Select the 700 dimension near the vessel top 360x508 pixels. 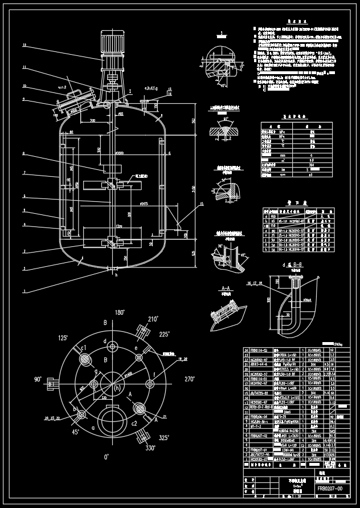[92, 121]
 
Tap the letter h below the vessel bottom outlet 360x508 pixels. [115, 275]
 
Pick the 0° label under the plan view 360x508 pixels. [106, 457]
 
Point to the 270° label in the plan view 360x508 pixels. [189, 377]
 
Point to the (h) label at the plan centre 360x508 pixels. [117, 387]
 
